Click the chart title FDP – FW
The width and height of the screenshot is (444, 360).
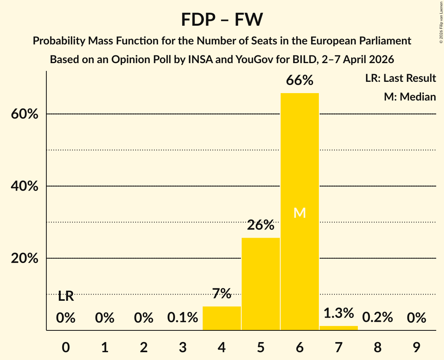click(x=222, y=19)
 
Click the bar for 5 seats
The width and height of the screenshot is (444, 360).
click(x=261, y=284)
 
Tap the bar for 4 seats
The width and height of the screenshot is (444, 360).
click(x=222, y=318)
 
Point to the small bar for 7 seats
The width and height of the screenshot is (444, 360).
click(x=338, y=328)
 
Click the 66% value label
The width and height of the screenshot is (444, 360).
click(x=299, y=80)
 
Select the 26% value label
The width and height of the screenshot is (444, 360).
click(x=261, y=225)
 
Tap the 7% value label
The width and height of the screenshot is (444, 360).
click(x=222, y=293)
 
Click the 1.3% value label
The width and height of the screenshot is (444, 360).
click(x=338, y=313)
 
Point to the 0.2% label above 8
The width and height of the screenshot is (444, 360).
click(x=377, y=318)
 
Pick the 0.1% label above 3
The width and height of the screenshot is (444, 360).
click(x=183, y=318)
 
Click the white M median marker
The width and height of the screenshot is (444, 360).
click(x=299, y=213)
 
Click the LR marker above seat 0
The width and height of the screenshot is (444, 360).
click(x=66, y=296)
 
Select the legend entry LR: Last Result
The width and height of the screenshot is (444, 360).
click(x=400, y=78)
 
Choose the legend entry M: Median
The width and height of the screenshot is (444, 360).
click(x=410, y=97)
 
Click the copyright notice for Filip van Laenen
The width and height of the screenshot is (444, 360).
click(x=440, y=21)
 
